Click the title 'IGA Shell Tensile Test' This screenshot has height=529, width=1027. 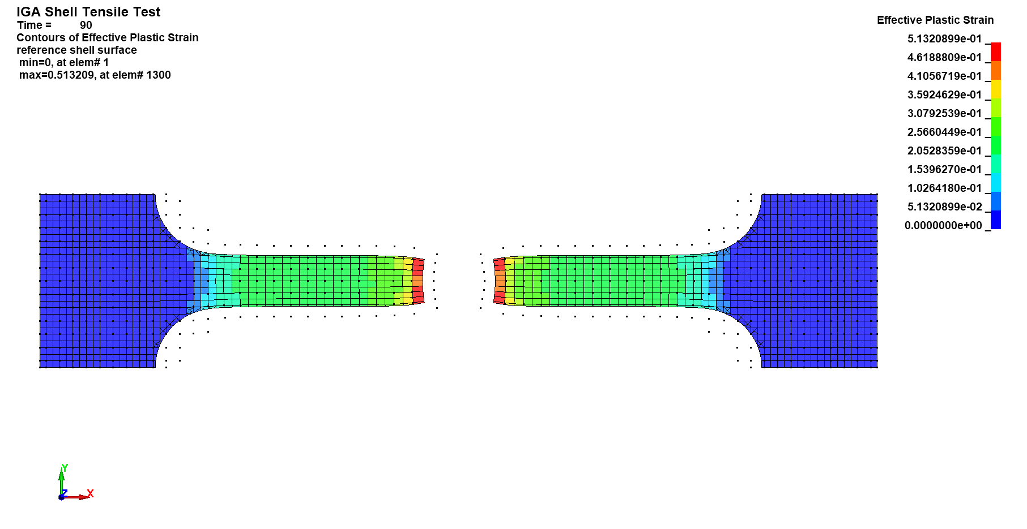[x=88, y=12]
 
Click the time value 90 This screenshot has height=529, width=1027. [x=86, y=25]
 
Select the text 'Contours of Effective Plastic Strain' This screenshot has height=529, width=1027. [x=108, y=38]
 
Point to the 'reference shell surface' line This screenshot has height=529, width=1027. [x=76, y=50]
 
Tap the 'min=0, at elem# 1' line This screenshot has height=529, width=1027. [x=64, y=63]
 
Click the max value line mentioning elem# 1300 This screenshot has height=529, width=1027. [x=95, y=75]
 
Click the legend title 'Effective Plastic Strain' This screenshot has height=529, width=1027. [x=935, y=20]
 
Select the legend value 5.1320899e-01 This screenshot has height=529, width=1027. [x=944, y=39]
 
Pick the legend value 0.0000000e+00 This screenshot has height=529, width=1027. [x=943, y=226]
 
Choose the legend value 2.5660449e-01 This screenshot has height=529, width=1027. [x=944, y=132]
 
